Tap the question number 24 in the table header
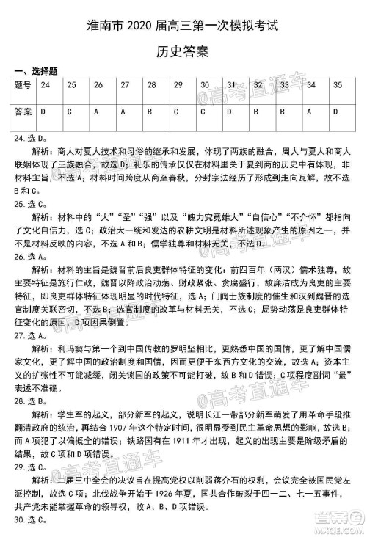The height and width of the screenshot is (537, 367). [46, 85]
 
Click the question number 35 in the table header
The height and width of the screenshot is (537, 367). [337, 85]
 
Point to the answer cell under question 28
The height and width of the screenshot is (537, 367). [149, 112]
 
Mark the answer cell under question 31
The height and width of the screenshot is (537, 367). [230, 112]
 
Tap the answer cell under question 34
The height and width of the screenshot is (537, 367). [310, 112]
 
